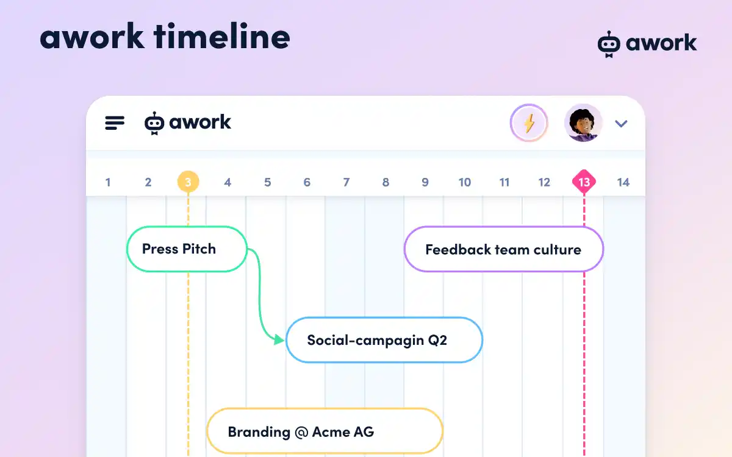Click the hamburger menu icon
click(115, 123)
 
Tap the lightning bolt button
click(529, 124)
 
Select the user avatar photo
click(583, 123)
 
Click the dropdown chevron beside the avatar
click(621, 124)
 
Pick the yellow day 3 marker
click(188, 182)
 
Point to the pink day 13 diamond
click(584, 182)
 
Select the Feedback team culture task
click(503, 249)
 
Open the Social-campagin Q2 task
click(384, 340)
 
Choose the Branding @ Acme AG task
click(325, 432)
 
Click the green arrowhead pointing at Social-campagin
click(279, 339)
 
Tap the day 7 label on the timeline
click(346, 182)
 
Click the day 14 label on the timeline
click(623, 182)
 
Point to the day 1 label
click(108, 182)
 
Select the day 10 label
click(465, 182)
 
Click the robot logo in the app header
click(154, 123)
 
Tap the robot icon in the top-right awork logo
click(608, 44)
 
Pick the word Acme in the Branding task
click(330, 432)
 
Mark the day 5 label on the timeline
click(267, 182)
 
